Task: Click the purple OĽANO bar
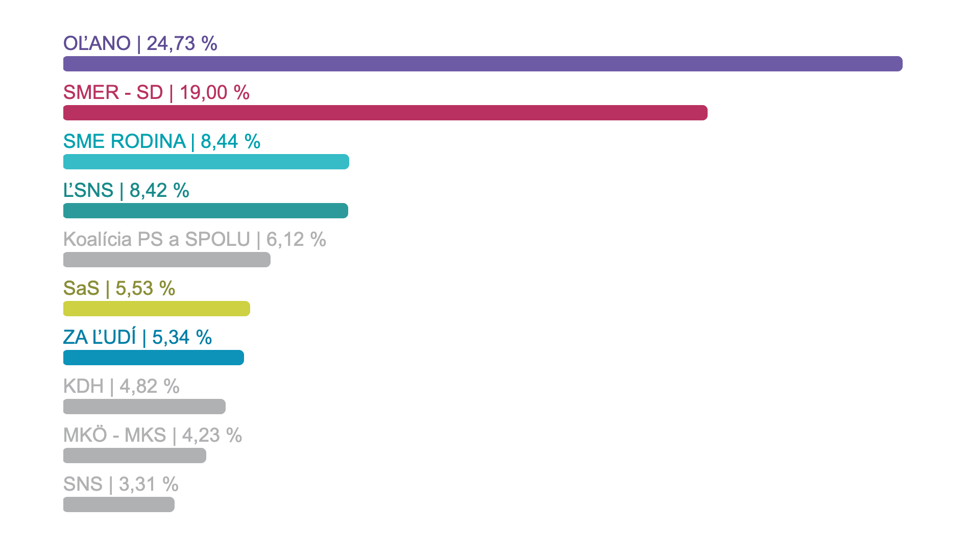coord(482,64)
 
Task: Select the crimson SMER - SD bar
coord(385,113)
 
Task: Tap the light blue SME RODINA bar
coord(206,162)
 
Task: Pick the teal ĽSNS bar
coord(205,211)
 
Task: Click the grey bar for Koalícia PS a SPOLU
coord(166,260)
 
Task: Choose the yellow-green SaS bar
coord(156,309)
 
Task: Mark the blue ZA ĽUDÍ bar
coord(153,358)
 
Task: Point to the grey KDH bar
coord(144,407)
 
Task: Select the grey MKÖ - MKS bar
coord(134,456)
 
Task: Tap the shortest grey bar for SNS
coord(118,504)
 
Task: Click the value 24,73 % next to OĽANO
coord(182,44)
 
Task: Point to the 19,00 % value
coord(214,93)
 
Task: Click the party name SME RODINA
coord(124,142)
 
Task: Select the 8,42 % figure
coord(159,191)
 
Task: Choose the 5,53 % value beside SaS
coord(146,289)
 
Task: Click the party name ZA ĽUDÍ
coord(100,338)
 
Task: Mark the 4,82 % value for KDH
coord(150,387)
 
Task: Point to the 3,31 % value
coord(149,485)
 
